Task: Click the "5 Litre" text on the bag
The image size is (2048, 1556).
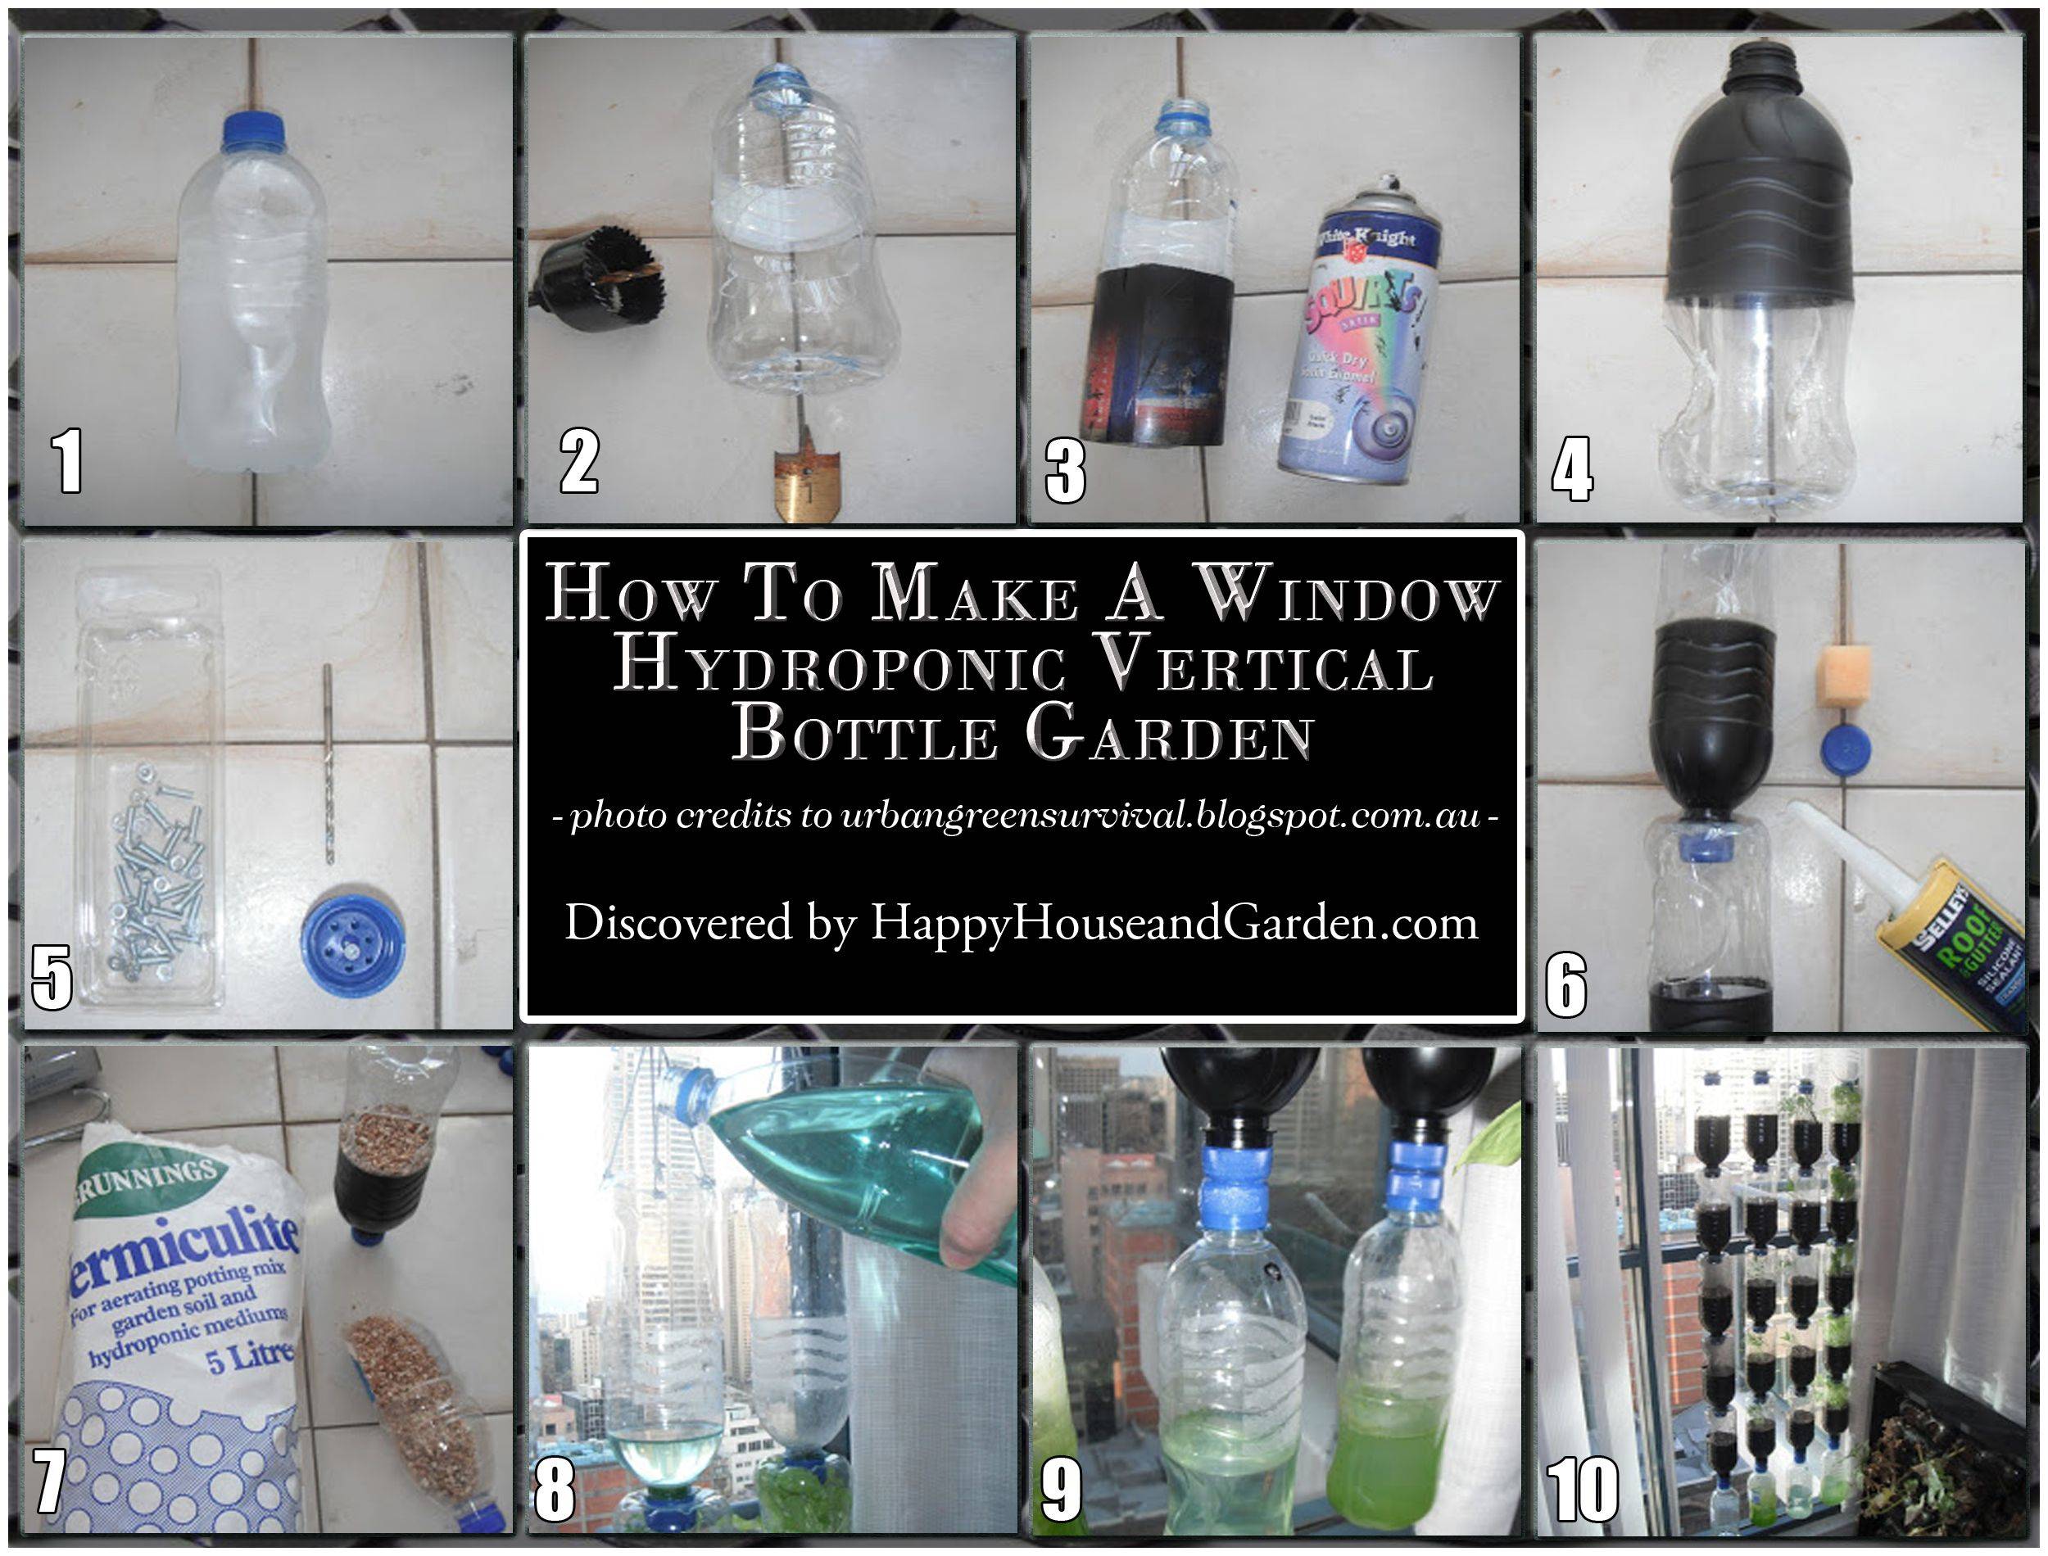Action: [250, 1360]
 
